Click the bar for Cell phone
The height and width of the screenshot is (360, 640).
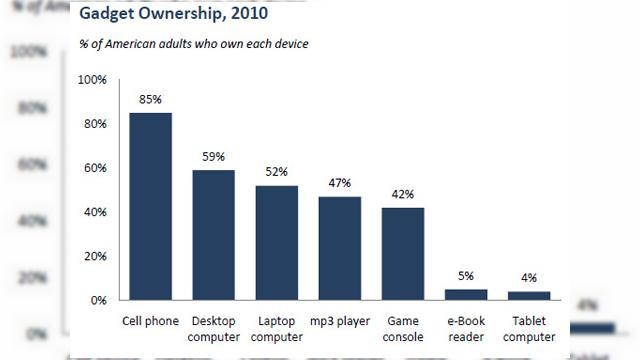coord(150,206)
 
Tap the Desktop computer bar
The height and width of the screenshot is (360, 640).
coord(213,235)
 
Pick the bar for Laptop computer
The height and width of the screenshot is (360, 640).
coord(277,243)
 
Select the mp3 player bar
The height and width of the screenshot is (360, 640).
coord(340,248)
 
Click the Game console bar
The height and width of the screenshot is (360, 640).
coord(403,254)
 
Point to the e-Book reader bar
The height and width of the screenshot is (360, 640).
coord(466,294)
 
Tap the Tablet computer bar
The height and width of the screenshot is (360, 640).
coord(529,295)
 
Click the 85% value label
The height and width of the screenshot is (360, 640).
coord(150,99)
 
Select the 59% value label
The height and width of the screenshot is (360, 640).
coord(213,157)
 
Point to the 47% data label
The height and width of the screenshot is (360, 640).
coord(340,183)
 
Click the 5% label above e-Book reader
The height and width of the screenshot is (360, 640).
coord(466,276)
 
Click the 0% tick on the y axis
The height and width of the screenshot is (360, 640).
coord(99,300)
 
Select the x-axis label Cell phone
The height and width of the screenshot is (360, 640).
coord(150,322)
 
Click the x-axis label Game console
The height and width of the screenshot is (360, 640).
coord(403,329)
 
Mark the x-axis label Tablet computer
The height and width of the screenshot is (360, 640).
coord(529,329)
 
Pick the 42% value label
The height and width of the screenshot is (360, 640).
coord(403,194)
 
